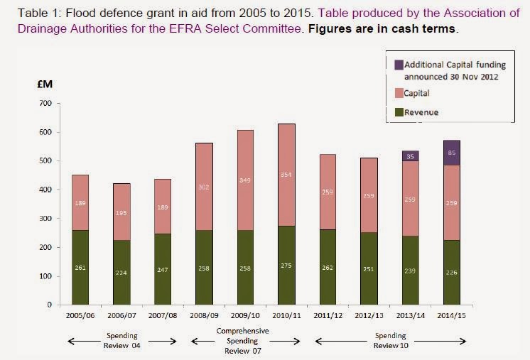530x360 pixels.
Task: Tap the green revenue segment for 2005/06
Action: point(81,267)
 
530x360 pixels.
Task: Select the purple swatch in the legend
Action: point(398,65)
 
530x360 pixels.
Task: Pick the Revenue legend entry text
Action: point(421,112)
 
